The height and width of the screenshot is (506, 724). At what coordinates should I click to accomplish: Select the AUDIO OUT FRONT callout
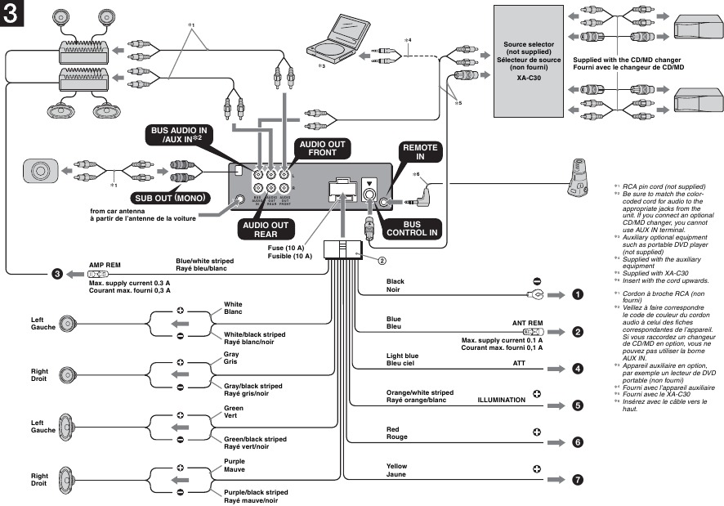coord(322,148)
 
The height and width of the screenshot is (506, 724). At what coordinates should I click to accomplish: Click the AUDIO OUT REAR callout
coord(263,231)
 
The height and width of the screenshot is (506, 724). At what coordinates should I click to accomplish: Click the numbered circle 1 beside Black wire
coord(577,294)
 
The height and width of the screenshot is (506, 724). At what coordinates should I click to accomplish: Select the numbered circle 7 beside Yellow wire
coord(577,480)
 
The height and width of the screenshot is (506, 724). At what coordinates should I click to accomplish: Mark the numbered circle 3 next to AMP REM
coord(57,274)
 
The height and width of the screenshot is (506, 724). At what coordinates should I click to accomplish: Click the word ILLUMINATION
coord(502,400)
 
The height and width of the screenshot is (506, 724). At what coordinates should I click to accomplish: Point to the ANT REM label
coord(527,323)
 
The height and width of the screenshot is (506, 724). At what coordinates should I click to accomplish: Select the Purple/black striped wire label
coord(255,492)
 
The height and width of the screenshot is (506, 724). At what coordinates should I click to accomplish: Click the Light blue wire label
coord(402,356)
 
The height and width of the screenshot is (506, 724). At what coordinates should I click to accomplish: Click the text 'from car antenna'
coord(117,211)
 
